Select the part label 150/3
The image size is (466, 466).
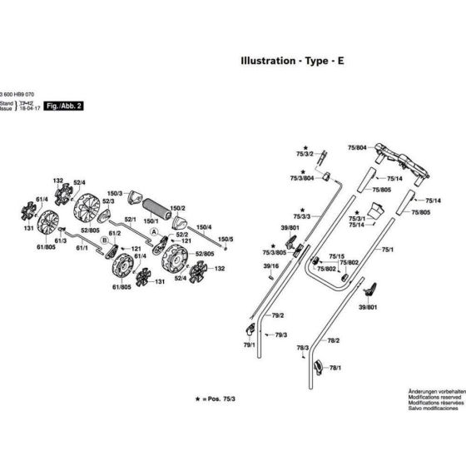pyautogui.click(x=116, y=193)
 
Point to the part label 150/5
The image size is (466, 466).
pyautogui.click(x=226, y=239)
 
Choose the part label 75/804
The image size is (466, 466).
pyautogui.click(x=355, y=147)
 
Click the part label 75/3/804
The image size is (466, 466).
pyautogui.click(x=301, y=178)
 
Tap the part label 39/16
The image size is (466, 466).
pyautogui.click(x=270, y=265)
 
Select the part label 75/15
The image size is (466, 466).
pyautogui.click(x=336, y=255)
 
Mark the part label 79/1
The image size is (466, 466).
pyautogui.click(x=248, y=344)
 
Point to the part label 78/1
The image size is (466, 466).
pyautogui.click(x=336, y=367)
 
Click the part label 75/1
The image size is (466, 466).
pyautogui.click(x=387, y=249)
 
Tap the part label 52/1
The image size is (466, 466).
pyautogui.click(x=130, y=221)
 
